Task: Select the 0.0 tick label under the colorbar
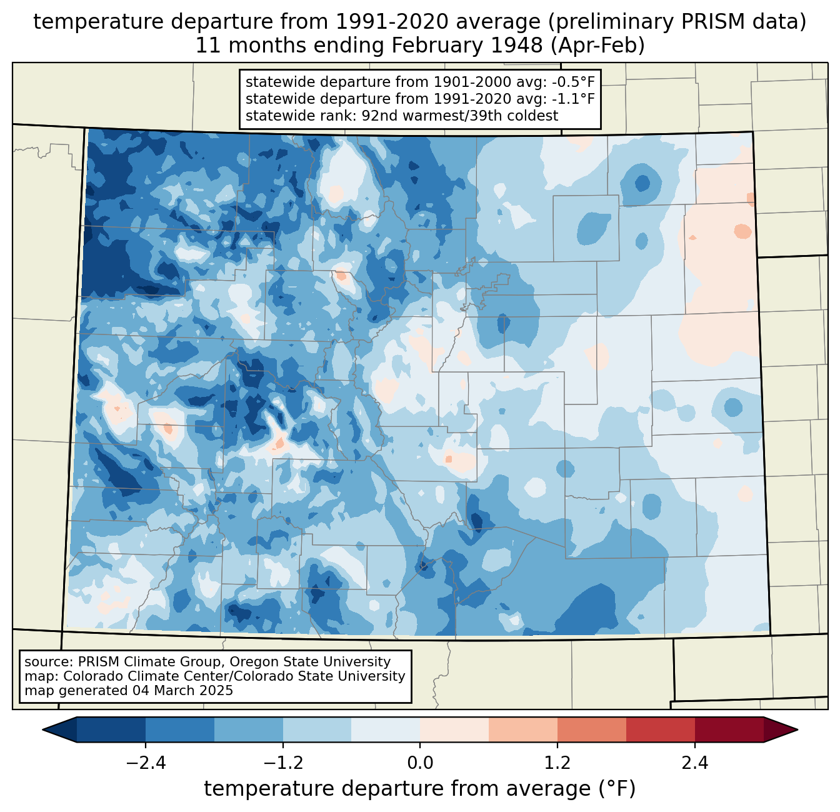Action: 420,763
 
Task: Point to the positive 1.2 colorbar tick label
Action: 557,763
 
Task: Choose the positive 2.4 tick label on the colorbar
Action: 695,763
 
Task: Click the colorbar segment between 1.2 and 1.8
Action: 591,729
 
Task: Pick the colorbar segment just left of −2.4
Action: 111,729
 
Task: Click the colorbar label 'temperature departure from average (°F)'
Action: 419,789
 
